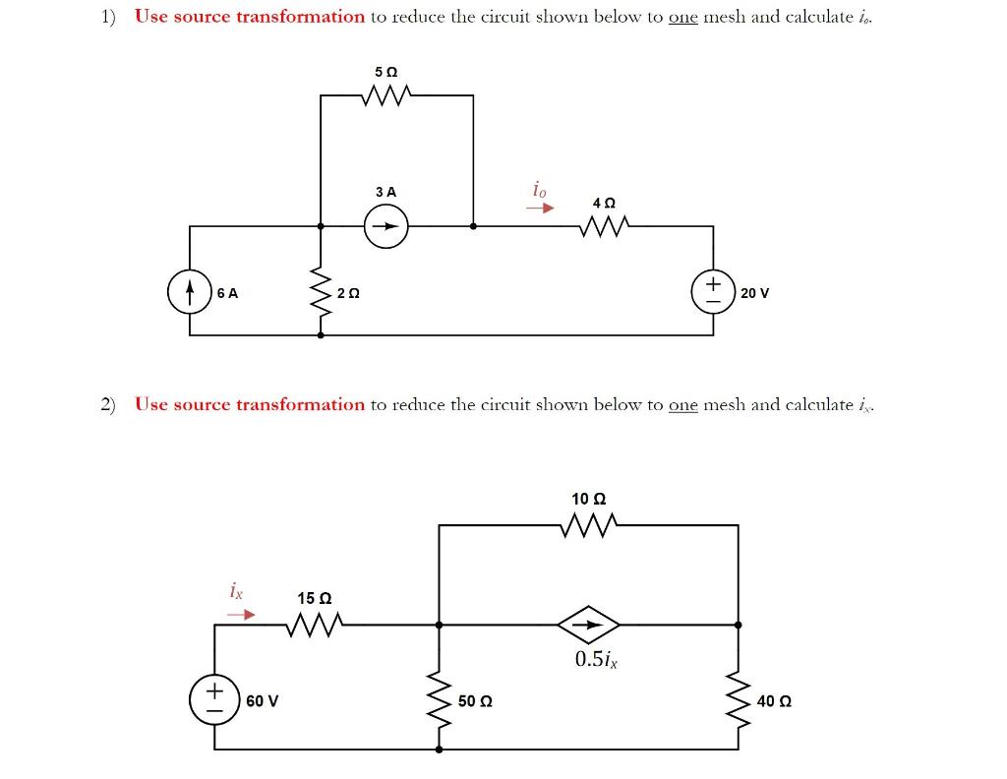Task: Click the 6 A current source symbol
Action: click(x=190, y=292)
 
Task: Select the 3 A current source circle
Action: click(x=387, y=226)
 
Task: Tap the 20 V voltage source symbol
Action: click(x=714, y=292)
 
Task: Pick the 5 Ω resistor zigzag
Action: click(x=386, y=95)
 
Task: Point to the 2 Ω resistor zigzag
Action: click(x=321, y=292)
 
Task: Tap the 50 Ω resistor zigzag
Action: click(x=440, y=700)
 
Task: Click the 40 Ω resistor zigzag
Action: click(x=738, y=700)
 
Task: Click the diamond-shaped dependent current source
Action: click(x=588, y=624)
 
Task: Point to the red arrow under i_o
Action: click(x=539, y=208)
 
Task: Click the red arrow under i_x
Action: click(x=241, y=615)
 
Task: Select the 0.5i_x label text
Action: click(x=596, y=659)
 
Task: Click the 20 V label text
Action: click(x=755, y=293)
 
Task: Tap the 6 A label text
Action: click(x=227, y=293)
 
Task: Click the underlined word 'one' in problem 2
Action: click(x=682, y=404)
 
